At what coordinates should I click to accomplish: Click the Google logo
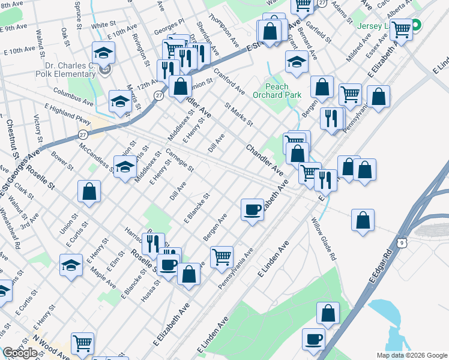(x=20, y=353)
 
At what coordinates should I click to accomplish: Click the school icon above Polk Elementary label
(x=103, y=53)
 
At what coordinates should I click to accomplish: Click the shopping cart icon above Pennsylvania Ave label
(x=221, y=257)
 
